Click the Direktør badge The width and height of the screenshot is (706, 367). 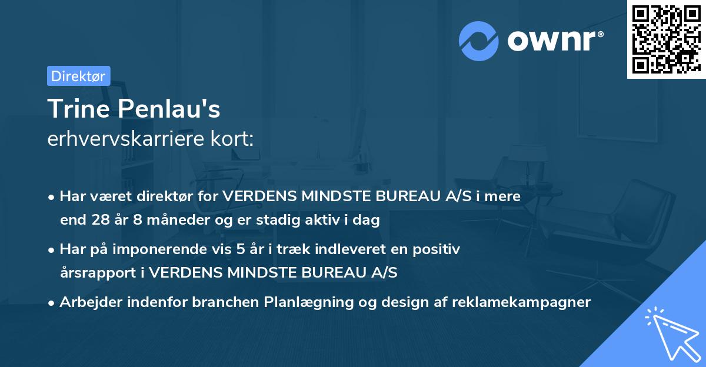tap(78, 76)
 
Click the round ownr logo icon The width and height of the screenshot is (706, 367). tap(479, 41)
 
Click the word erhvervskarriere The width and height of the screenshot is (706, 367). tap(130, 139)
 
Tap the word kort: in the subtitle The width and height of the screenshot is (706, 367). tap(236, 139)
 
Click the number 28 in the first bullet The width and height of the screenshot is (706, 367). tap(100, 221)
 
